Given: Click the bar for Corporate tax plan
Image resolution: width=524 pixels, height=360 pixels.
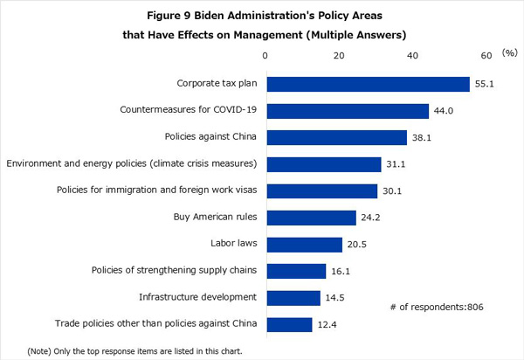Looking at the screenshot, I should [369, 84].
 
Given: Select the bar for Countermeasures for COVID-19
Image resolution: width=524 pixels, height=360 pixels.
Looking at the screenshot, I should [348, 111].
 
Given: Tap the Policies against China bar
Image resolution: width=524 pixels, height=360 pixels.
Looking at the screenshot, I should [337, 137].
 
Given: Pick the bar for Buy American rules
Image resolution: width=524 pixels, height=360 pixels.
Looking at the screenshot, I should [311, 218].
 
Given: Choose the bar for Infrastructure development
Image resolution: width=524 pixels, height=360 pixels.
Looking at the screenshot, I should [293, 298].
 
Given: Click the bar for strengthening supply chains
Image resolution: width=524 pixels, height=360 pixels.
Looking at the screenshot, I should [296, 271].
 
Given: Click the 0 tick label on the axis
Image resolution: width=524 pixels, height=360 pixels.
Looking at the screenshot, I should [266, 56].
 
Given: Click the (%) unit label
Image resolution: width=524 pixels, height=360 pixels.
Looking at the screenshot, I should [509, 54].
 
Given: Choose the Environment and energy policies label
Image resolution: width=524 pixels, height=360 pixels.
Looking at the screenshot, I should [131, 164].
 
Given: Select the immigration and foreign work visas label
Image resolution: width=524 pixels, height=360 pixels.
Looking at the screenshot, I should [156, 190].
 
